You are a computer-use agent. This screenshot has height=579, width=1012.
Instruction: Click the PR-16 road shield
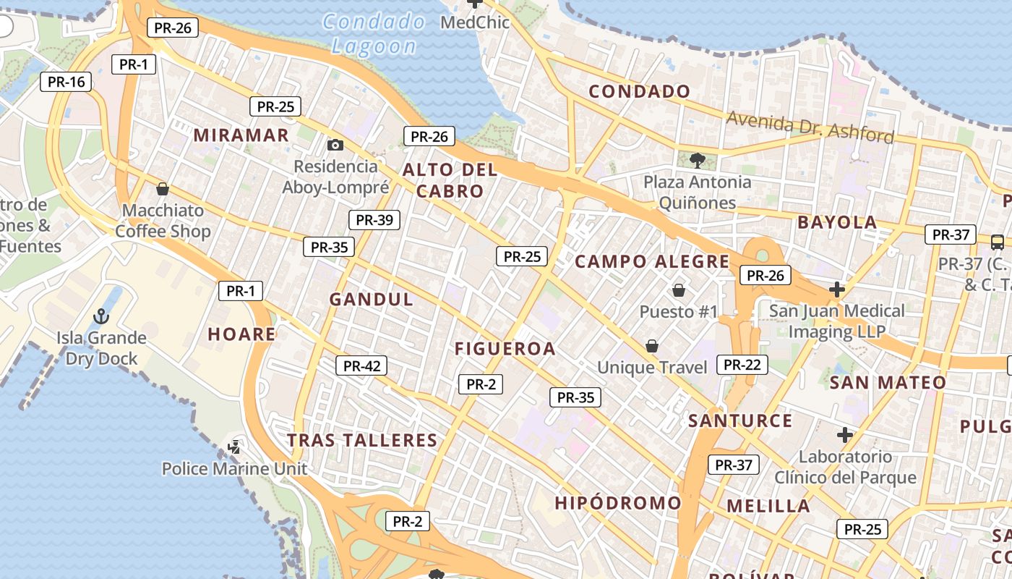coord(67,82)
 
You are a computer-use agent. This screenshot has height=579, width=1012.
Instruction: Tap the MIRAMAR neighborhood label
coord(241,135)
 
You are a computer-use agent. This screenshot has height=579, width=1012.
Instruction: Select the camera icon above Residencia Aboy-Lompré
coord(335,145)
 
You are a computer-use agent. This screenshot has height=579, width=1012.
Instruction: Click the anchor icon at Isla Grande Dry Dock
coord(101,316)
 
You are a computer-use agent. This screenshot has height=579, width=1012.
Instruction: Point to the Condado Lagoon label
coord(374,34)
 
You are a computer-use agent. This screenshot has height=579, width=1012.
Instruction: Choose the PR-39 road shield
coord(374,220)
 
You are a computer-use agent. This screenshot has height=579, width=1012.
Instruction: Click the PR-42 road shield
coord(361,366)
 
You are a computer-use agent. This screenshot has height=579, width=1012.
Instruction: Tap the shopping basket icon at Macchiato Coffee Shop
coord(163,189)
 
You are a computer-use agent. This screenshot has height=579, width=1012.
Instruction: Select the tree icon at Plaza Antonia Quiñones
coord(697,160)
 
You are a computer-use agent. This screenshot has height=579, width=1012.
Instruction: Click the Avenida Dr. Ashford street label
coord(810,127)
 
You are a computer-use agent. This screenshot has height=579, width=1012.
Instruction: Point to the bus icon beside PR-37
coord(997,242)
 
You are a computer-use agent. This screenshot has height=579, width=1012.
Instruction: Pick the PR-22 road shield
coord(742,365)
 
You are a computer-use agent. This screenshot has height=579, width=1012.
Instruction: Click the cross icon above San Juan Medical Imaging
coord(837,289)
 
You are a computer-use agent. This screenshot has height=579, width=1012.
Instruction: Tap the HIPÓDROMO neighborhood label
coord(618,503)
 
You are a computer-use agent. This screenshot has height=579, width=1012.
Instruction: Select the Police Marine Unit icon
coord(234,447)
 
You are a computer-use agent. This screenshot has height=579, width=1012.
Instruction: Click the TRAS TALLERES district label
coord(362,440)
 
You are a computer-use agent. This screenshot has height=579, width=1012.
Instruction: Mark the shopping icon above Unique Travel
coord(652,346)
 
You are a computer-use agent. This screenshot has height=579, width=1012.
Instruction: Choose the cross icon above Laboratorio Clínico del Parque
coord(844,435)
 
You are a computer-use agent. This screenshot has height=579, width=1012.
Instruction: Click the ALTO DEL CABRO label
coord(450,181)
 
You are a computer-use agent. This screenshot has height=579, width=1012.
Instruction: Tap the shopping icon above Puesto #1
coord(679,290)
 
